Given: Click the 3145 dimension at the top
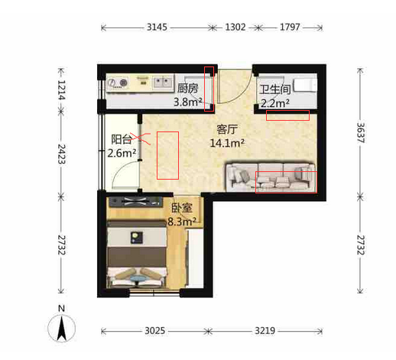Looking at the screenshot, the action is click(x=157, y=27).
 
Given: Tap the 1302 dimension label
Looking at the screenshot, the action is click(x=235, y=27).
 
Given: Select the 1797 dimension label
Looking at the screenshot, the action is click(x=290, y=27).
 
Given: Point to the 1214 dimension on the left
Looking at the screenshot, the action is click(x=61, y=90).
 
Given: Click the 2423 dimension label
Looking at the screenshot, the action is click(x=61, y=154).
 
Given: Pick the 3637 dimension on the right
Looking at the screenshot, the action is click(x=360, y=133).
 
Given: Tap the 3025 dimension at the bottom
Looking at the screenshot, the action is click(x=155, y=331).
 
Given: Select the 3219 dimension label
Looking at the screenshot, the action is click(x=265, y=331).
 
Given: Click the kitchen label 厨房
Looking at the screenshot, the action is click(x=187, y=89).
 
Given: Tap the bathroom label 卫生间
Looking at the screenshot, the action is click(x=275, y=89).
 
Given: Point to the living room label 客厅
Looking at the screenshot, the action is click(x=227, y=129).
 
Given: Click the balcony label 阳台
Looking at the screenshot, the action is click(x=122, y=139).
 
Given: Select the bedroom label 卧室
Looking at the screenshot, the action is click(x=182, y=208).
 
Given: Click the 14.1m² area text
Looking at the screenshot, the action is click(x=227, y=143).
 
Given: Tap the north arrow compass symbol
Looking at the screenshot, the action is click(x=62, y=328).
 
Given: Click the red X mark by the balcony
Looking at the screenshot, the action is click(x=141, y=139).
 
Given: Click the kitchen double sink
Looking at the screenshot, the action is click(x=162, y=83).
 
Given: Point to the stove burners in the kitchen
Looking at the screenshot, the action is click(x=118, y=83).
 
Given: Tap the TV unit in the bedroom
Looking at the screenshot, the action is click(x=136, y=202).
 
